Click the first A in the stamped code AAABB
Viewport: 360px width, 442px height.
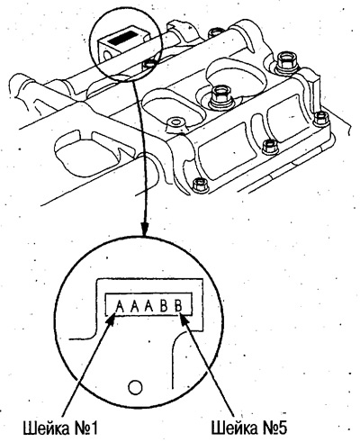coord(120,306)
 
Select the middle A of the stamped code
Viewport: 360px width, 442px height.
coord(135,306)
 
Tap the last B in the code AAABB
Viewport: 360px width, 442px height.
coord(178,306)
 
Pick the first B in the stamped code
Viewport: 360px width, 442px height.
coord(164,306)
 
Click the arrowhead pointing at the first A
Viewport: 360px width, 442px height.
coord(112,320)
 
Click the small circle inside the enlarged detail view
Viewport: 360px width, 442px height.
coord(135,387)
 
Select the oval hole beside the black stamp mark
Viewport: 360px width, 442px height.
coord(107,54)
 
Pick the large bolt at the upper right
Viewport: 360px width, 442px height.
coord(286,63)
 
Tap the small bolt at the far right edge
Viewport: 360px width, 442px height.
coord(321,118)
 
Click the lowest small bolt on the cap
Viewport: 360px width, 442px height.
coord(199,185)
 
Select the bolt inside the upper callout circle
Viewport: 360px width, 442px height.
coord(149,64)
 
